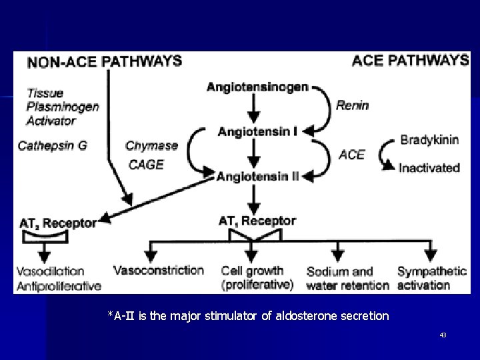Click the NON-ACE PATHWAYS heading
(x=105, y=62)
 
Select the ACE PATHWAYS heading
(x=409, y=61)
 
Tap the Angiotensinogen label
(x=258, y=87)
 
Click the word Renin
(x=353, y=105)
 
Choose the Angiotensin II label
(x=258, y=176)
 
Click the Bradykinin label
(x=429, y=140)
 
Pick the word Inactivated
(x=429, y=168)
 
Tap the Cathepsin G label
(x=52, y=145)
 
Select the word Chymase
(x=151, y=145)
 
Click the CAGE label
(x=145, y=165)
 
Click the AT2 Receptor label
(x=57, y=223)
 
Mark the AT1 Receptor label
(x=258, y=221)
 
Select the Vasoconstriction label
(x=159, y=270)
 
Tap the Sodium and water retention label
(x=347, y=278)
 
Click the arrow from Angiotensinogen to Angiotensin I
(x=254, y=109)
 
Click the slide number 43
(x=443, y=335)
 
